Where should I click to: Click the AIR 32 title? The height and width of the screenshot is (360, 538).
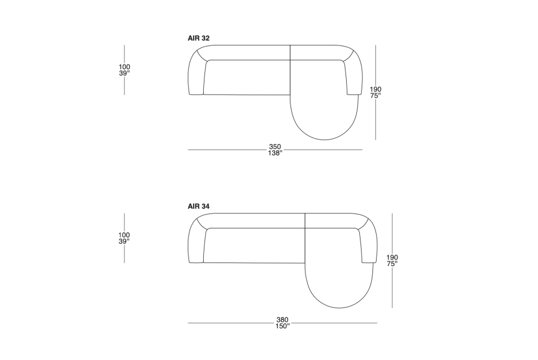pos(198,38)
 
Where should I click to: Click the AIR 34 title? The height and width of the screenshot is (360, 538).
pos(198,206)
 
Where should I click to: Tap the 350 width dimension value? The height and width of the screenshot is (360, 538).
pos(275,147)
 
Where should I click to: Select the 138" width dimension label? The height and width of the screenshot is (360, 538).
pos(275,153)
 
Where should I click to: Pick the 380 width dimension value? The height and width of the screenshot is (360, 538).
pos(282,320)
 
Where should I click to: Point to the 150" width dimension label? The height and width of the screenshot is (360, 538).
pos(282,327)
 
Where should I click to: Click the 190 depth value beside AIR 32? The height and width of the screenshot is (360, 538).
pos(375,90)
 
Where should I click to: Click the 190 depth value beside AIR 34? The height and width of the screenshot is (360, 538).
pos(392,257)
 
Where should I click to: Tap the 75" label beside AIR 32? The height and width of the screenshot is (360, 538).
pos(375,96)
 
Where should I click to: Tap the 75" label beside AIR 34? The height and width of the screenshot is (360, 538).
pos(392,264)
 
